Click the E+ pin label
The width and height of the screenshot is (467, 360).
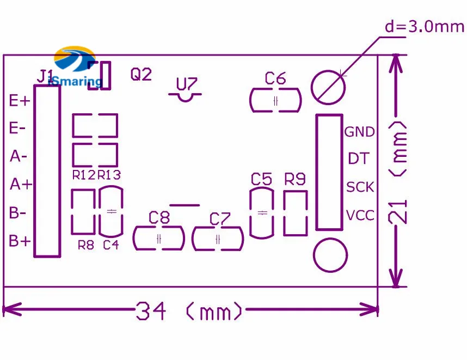point(20,100)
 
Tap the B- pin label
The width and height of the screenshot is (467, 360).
point(17,212)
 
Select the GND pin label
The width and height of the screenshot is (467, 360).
point(359,132)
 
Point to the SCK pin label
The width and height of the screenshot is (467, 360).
point(360,187)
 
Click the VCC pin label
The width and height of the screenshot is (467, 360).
point(360,215)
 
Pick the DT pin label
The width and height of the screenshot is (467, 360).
point(359,158)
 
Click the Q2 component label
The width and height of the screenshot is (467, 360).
point(141,74)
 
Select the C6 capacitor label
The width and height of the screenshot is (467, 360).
point(275,78)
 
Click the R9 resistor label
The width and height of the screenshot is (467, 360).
point(295,179)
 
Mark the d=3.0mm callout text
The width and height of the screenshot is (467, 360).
point(425,27)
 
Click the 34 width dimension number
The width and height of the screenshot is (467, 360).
point(151,311)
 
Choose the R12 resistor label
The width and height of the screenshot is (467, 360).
point(84,175)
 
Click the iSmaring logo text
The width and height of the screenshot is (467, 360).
point(75,81)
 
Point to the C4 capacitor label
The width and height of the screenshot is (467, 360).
point(111,245)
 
